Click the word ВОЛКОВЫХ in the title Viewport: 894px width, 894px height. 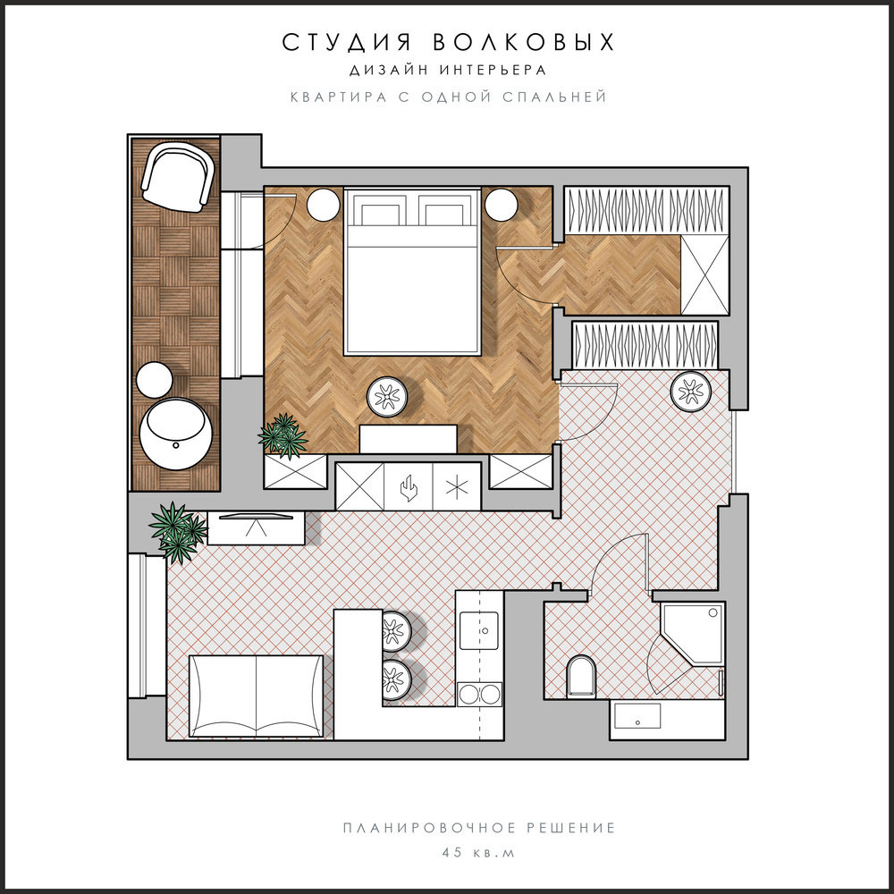coord(523,43)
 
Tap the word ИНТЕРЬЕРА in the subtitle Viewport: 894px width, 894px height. coord(493,70)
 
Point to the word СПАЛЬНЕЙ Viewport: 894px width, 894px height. coord(554,97)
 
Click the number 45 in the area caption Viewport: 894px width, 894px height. coord(451,853)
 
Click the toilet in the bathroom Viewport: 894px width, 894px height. coord(581,676)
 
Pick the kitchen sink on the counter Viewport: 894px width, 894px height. coord(479,630)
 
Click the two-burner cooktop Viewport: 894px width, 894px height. coord(479,695)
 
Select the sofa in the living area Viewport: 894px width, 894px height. coord(256,696)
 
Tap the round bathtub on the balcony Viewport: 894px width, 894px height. coord(175,434)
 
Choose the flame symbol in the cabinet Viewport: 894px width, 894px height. coord(409,487)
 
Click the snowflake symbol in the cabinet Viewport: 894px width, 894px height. coord(457,486)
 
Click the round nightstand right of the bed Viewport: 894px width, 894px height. coord(502,204)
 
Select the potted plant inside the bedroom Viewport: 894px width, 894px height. coord(283,435)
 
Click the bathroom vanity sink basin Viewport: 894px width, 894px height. coord(638,716)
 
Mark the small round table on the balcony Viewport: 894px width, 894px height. coord(154,380)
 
